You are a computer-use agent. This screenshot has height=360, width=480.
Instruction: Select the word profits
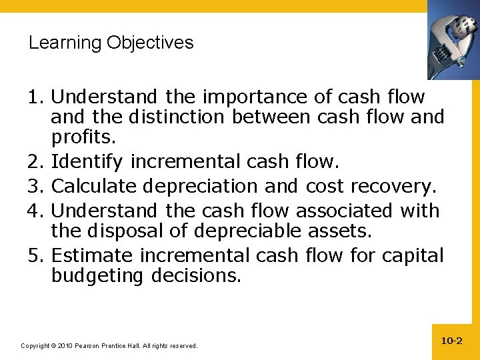click(x=83, y=138)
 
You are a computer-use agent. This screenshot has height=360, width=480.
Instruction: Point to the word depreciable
click(x=263, y=231)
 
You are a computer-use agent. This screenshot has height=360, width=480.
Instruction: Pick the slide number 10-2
click(x=451, y=341)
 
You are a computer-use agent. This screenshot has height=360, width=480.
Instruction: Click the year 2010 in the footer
click(x=65, y=346)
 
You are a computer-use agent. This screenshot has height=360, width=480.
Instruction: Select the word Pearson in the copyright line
click(x=88, y=346)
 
